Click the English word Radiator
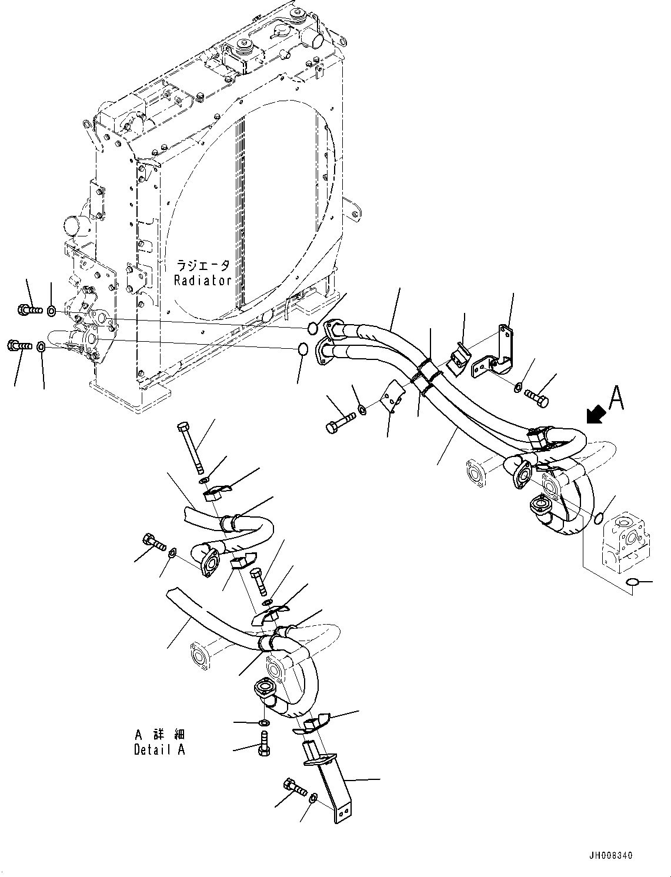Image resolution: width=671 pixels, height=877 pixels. point(202,281)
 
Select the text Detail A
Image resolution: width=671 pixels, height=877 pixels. point(159,749)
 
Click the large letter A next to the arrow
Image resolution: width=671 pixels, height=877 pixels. point(616,399)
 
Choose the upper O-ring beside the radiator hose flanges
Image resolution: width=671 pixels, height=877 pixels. point(312,327)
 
